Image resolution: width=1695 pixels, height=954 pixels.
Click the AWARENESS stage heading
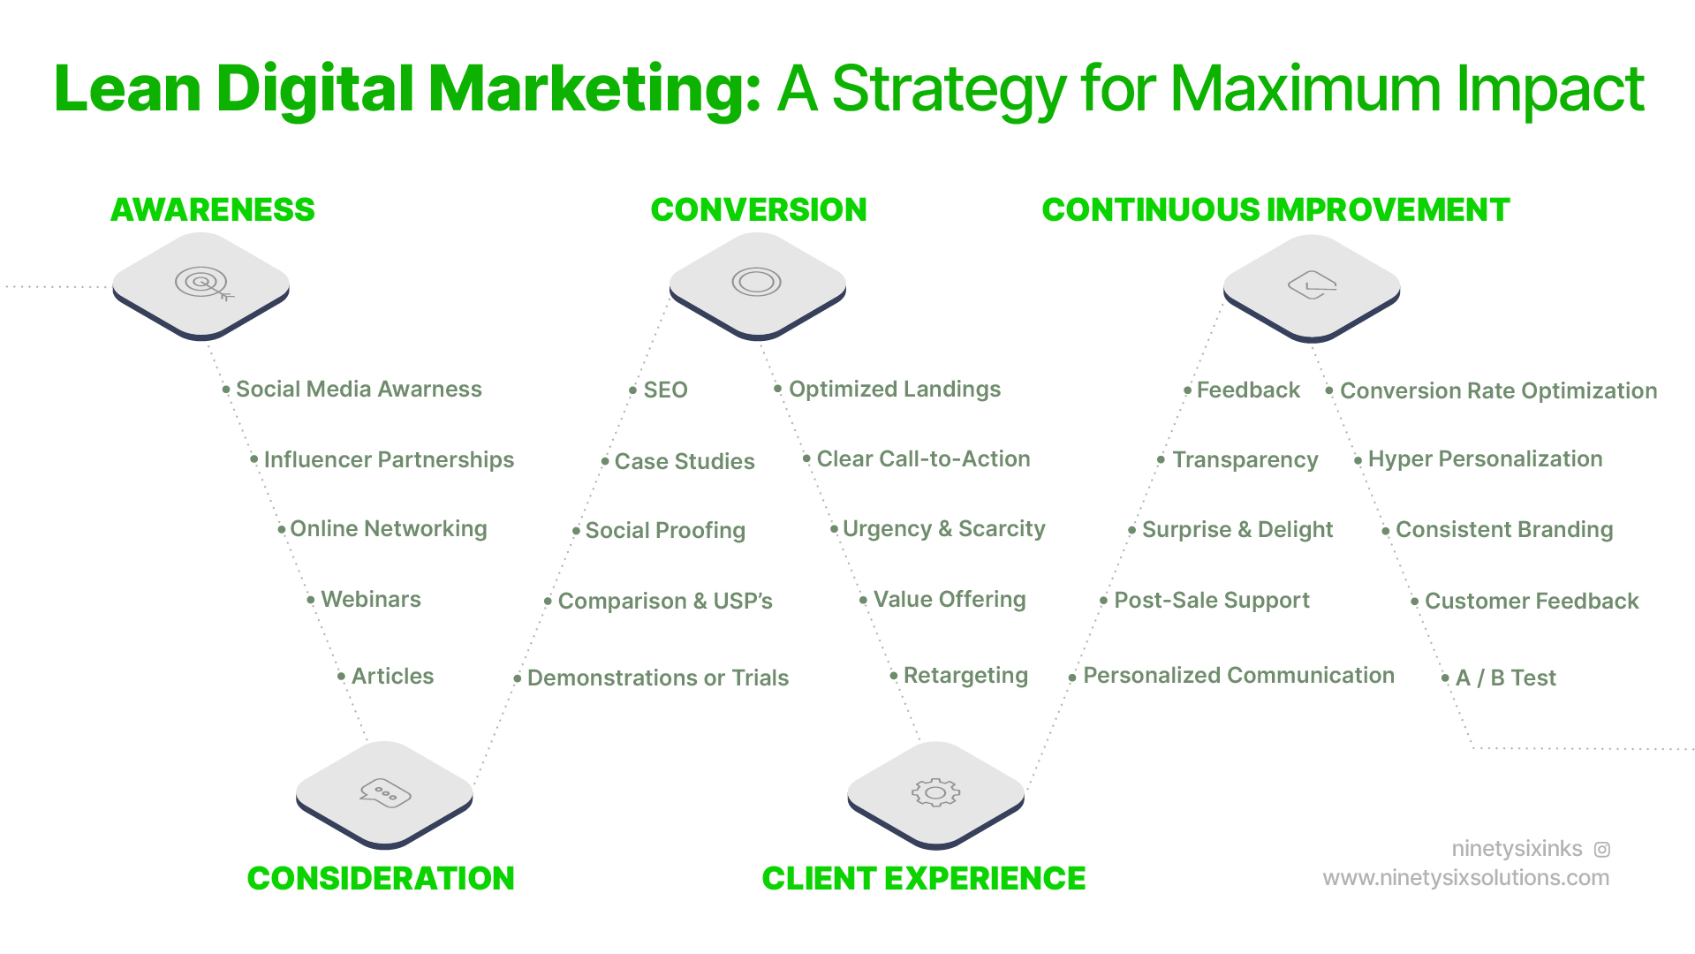(x=212, y=210)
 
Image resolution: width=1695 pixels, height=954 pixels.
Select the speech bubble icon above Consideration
(x=385, y=792)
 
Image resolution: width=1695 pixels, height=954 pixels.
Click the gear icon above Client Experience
(x=935, y=792)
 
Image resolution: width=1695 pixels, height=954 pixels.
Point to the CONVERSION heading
(x=758, y=210)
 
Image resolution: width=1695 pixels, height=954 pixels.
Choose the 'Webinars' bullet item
(x=371, y=600)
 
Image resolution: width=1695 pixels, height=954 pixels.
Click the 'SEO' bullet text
(x=665, y=390)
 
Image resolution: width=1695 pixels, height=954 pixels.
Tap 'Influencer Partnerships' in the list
(x=389, y=460)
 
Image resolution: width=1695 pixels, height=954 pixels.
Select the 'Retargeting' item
(x=965, y=676)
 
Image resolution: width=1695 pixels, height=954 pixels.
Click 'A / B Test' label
(x=1505, y=678)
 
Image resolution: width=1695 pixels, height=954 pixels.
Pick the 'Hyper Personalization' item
(x=1485, y=459)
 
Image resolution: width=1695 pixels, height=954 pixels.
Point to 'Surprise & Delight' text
(x=1237, y=530)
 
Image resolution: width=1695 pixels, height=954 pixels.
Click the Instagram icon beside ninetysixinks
(x=1602, y=850)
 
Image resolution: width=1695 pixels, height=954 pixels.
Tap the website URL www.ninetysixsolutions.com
(x=1465, y=878)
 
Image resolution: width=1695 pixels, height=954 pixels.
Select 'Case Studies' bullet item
(x=685, y=462)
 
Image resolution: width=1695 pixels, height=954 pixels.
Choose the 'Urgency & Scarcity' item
(x=943, y=529)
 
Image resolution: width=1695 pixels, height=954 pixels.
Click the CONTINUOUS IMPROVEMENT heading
(x=1275, y=210)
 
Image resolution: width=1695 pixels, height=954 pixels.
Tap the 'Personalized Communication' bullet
(x=1238, y=676)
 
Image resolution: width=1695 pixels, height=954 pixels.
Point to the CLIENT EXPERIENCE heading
(x=923, y=879)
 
